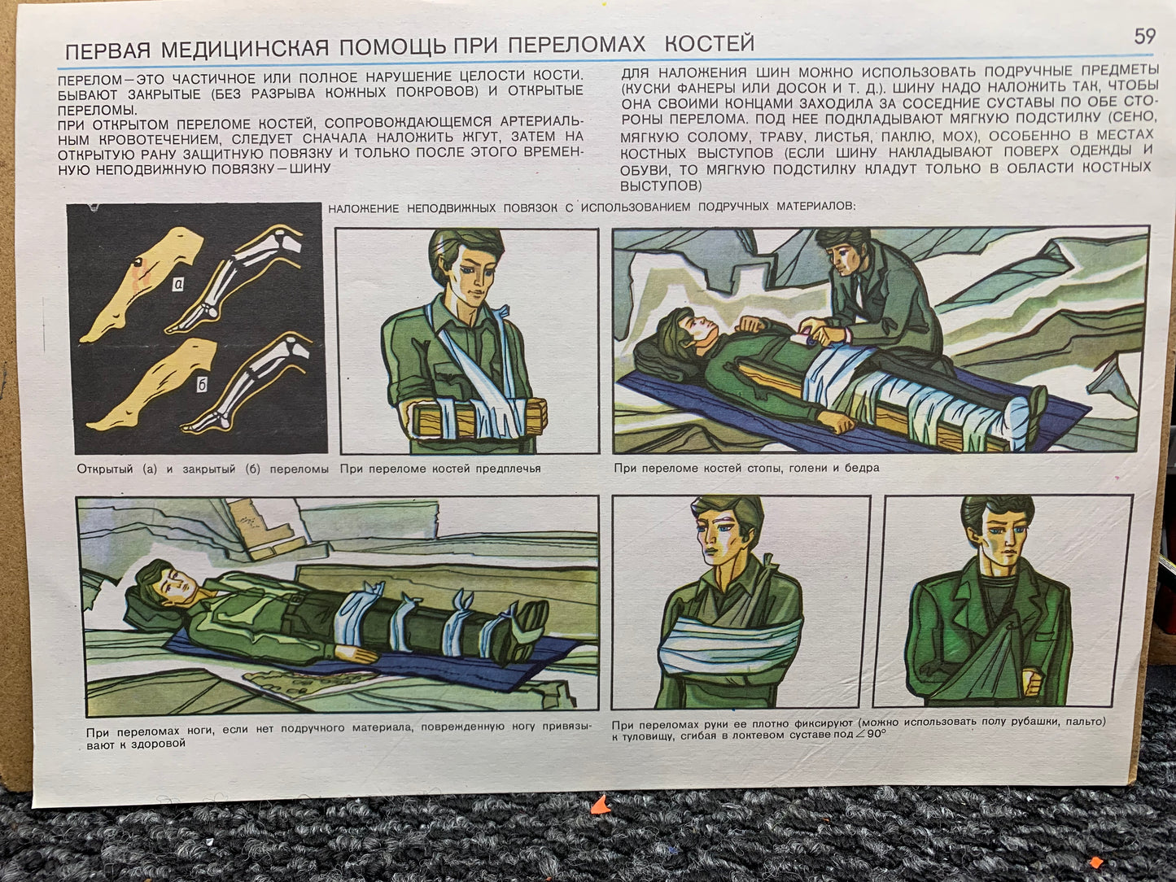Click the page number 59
tap(1144, 37)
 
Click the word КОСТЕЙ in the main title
tap(710, 43)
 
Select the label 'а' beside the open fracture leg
tap(178, 283)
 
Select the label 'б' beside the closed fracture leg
tap(202, 385)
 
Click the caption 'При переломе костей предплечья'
tap(440, 469)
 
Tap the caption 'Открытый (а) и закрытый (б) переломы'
tap(203, 469)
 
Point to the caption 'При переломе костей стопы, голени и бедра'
tap(746, 468)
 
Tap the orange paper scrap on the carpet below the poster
tap(601, 805)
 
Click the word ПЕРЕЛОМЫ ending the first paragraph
tap(98, 111)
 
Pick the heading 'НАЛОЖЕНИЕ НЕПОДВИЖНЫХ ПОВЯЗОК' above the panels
tap(443, 207)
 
